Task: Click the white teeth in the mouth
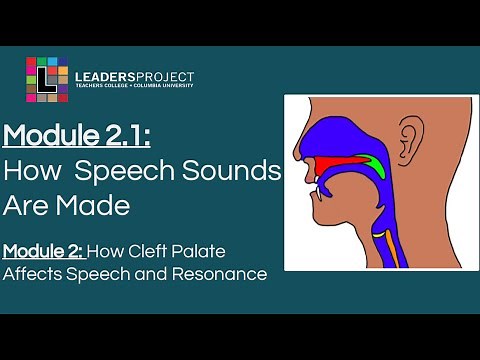[313, 181]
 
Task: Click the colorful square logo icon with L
[47, 79]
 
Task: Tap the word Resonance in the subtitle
[223, 273]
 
